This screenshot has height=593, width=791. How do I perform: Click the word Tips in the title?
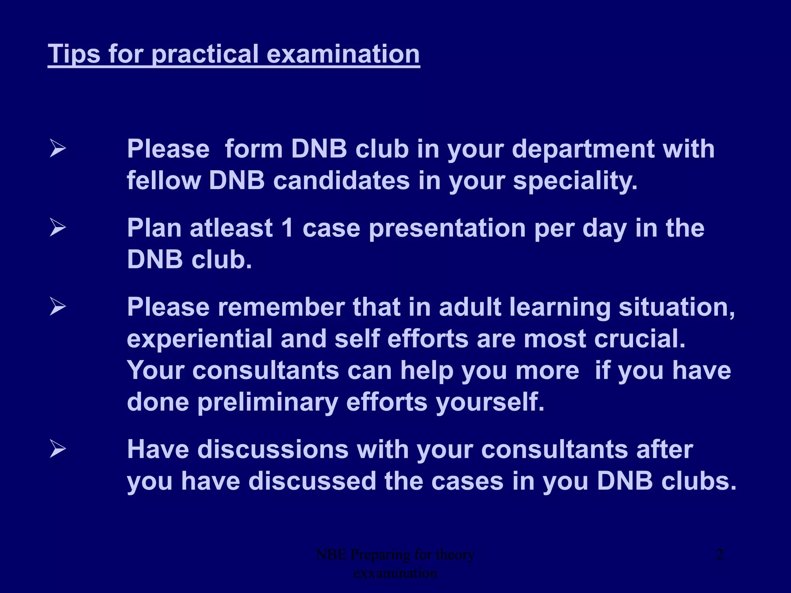tap(74, 54)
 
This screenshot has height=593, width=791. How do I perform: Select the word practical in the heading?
tap(205, 54)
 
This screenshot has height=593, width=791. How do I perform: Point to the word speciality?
tap(575, 181)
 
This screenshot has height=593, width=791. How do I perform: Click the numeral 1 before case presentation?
tap(287, 228)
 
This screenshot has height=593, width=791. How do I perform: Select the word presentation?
tap(447, 228)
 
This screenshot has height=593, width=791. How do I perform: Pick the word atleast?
tap(231, 228)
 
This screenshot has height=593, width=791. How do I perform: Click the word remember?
tap(281, 307)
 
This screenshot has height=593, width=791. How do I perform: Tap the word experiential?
tap(200, 339)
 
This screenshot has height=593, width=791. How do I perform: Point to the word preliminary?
tap(268, 402)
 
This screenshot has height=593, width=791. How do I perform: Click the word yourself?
tap(490, 402)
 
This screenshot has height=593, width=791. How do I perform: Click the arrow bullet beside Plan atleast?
tap(58, 228)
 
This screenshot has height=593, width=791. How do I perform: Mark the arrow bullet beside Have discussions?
tap(58, 449)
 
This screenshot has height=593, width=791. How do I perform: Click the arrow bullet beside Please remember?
tap(58, 307)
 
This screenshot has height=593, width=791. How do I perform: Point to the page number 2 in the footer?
tap(720, 555)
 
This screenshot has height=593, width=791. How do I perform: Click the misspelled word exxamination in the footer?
tap(395, 573)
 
